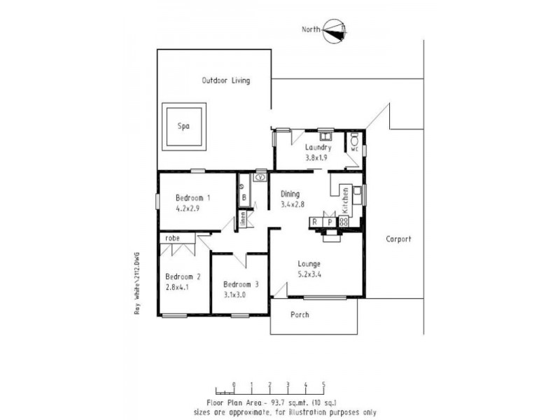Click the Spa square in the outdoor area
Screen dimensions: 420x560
click(x=184, y=127)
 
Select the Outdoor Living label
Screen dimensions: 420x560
click(x=226, y=80)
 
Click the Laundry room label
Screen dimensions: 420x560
click(x=318, y=148)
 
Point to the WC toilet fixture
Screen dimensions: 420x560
click(x=354, y=139)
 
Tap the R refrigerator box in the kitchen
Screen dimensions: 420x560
click(x=316, y=222)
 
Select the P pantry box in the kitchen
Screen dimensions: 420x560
click(x=330, y=222)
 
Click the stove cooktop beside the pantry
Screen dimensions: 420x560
click(x=344, y=222)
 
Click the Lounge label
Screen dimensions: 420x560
click(x=308, y=264)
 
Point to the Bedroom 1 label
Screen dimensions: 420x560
click(x=192, y=197)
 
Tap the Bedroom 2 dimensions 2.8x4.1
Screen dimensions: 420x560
click(x=177, y=287)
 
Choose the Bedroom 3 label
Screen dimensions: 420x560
click(x=241, y=284)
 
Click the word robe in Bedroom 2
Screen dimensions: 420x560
click(x=173, y=239)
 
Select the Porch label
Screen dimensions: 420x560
click(x=300, y=314)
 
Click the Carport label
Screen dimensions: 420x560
click(x=398, y=239)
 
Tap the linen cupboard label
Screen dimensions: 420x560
click(x=243, y=218)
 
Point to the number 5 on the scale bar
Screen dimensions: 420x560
click(x=323, y=384)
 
